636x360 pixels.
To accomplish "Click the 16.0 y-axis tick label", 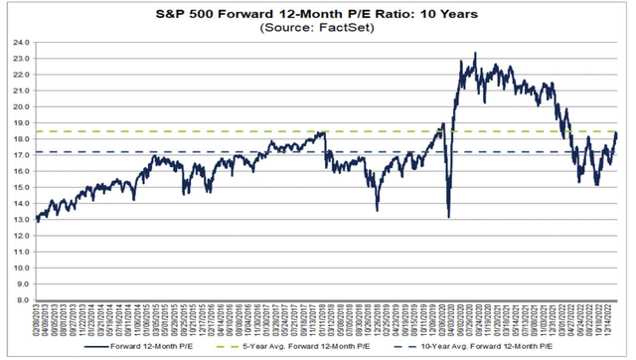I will coord(21,172).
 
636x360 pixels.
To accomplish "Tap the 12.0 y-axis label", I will coord(21,235).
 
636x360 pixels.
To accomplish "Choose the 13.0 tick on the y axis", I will coord(21,219).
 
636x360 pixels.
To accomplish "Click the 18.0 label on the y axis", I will coord(21,140).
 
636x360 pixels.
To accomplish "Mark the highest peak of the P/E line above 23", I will coord(475,54).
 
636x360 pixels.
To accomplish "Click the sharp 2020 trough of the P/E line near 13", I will coord(449,217).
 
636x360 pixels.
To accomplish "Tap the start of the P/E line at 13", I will coord(37,219).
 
